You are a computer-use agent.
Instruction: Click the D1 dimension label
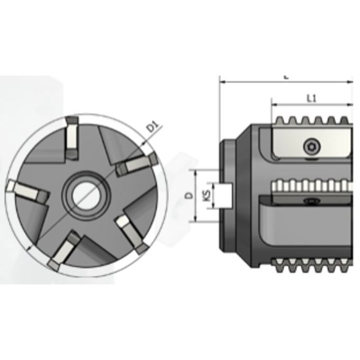tap(152, 128)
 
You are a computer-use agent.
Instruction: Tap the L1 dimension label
tap(312, 98)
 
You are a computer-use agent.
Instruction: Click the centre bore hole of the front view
tap(84, 194)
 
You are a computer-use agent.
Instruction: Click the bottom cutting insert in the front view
tap(62, 253)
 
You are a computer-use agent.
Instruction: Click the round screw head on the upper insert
tap(312, 145)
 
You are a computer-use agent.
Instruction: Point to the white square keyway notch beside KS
tap(226, 195)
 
